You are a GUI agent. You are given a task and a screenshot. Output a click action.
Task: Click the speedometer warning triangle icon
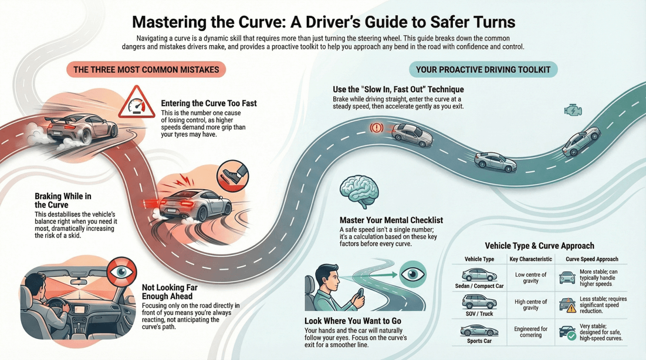tap(136, 103)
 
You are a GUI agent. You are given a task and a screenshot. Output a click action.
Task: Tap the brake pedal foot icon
tap(232, 175)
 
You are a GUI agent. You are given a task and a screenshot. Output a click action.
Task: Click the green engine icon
tap(573, 110)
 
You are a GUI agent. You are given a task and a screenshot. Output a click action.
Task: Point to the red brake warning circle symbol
tap(376, 127)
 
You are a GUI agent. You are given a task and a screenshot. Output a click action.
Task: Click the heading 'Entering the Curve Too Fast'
tap(209, 103)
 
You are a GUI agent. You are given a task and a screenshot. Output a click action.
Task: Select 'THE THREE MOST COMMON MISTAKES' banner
tap(146, 70)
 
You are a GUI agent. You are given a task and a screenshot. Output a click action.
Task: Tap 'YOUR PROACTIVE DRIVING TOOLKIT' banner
tap(483, 70)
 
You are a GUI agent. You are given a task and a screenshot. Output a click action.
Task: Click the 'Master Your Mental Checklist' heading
tap(391, 220)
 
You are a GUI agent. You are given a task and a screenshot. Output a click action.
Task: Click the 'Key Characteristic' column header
tap(530, 259)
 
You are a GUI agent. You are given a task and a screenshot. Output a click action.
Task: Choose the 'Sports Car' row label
tap(479, 341)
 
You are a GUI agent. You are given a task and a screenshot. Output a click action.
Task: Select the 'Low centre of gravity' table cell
tap(530, 277)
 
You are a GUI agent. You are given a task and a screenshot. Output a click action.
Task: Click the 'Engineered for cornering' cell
tap(530, 332)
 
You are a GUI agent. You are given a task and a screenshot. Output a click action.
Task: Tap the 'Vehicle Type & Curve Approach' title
tap(539, 246)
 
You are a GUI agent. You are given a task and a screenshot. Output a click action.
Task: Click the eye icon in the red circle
tap(121, 271)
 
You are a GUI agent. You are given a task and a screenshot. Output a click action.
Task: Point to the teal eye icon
tap(412, 274)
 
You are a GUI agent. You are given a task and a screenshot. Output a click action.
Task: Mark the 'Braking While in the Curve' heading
tap(63, 201)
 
